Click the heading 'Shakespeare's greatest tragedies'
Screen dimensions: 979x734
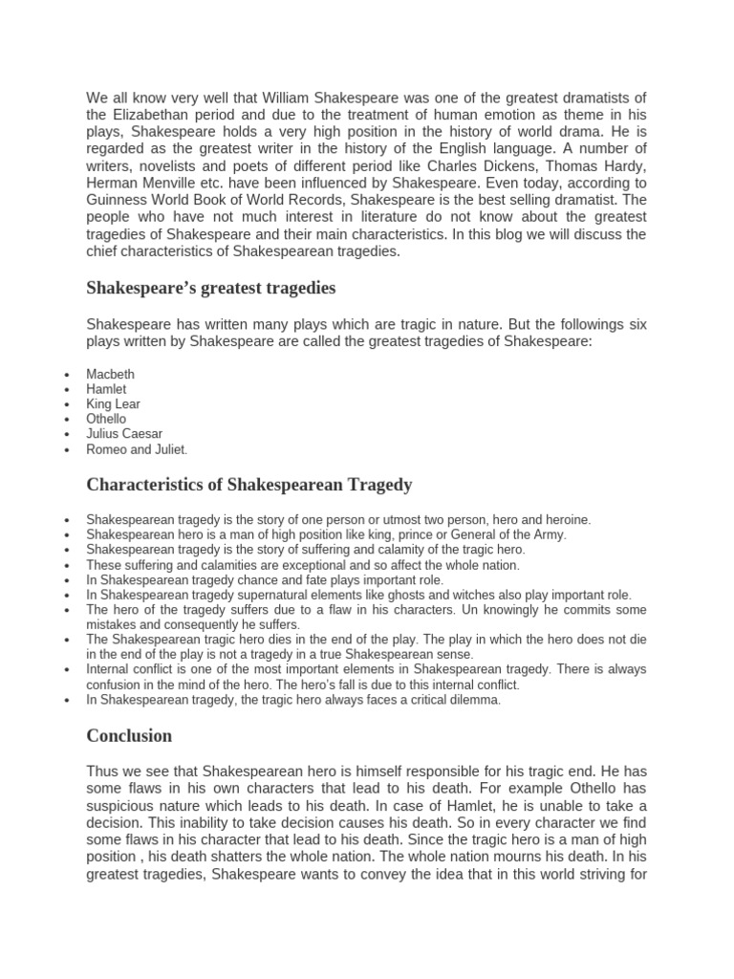click(210, 288)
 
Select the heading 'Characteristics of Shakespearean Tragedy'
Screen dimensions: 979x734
click(248, 485)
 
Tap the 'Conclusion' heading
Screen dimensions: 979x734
click(129, 735)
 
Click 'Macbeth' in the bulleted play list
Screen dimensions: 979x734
click(110, 375)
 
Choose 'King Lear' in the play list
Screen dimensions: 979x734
click(113, 404)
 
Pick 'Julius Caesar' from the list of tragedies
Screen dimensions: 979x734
click(124, 434)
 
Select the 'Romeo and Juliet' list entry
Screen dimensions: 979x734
click(137, 449)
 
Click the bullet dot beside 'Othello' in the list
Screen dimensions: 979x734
click(65, 420)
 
